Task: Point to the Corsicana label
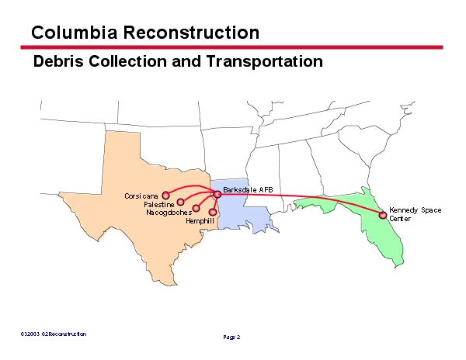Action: [x=141, y=196]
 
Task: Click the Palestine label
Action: [x=158, y=204]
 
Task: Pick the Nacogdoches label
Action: [x=168, y=213]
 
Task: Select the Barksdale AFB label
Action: [x=248, y=189]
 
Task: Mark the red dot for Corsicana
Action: [x=165, y=196]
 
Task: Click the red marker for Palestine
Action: [x=180, y=202]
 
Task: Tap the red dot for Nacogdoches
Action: [x=196, y=208]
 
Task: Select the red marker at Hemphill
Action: [x=213, y=212]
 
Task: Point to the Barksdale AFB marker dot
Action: [x=217, y=194]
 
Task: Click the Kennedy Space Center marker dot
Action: [x=382, y=215]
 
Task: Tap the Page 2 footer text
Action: [x=232, y=337]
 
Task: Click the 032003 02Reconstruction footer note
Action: [x=54, y=334]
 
